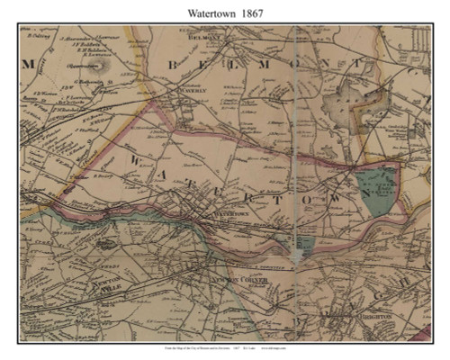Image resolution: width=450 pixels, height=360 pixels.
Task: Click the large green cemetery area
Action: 379,189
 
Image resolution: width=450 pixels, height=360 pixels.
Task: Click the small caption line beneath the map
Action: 225,348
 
